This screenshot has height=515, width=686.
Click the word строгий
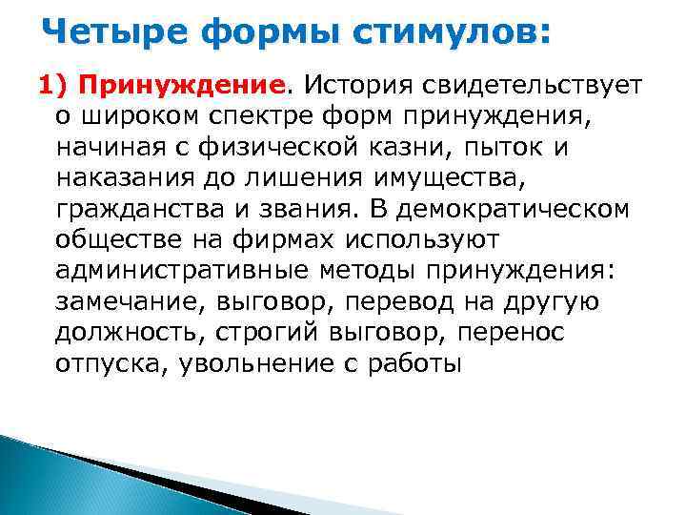(272, 333)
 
